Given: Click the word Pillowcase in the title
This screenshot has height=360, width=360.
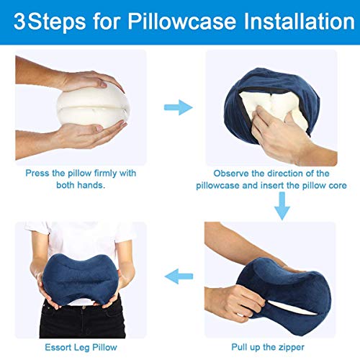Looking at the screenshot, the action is pos(181,22).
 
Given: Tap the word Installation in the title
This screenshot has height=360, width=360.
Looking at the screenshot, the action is pos(299,21).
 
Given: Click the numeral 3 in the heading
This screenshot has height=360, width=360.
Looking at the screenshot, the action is pos(20,22).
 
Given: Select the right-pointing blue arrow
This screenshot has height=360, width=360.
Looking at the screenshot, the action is pos(179,107).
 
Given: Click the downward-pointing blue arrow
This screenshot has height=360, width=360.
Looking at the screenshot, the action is pos(282,206).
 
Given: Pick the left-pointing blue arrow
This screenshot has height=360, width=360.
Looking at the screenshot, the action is pos(179,276).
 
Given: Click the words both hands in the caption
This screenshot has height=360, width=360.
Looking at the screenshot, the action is pos(80,185).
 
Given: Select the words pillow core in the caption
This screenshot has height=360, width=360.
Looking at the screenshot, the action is pos(325,185).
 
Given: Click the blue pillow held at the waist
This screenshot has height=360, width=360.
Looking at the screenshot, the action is pos(81,279).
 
